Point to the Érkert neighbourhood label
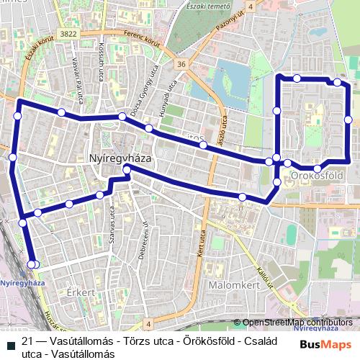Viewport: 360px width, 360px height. tap(81, 293)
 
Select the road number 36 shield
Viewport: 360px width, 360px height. tap(181, 64)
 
